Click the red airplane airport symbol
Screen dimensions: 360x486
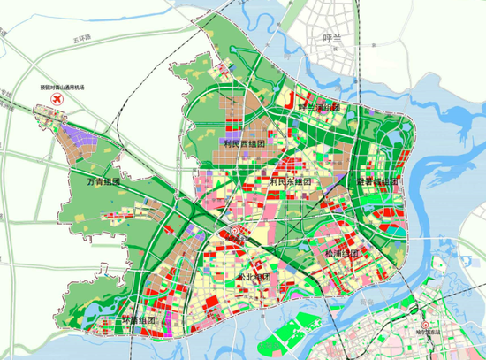60,99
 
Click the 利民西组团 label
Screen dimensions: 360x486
244,142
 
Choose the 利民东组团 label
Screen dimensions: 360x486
291,181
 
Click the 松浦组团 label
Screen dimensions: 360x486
343,254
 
